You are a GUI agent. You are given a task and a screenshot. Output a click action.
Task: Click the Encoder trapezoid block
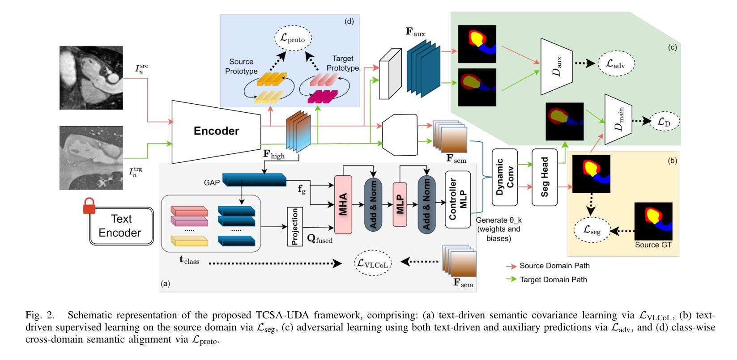coord(217,131)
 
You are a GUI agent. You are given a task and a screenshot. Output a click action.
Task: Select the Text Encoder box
coord(120,226)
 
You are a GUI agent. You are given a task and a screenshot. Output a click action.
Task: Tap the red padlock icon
coord(89,206)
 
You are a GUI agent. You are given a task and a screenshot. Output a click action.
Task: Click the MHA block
coord(343,204)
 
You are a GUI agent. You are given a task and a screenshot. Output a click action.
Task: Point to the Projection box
coord(295,226)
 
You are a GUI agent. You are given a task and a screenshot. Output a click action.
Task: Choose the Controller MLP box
coord(458,199)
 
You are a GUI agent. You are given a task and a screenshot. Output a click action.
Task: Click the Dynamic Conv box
coord(505,178)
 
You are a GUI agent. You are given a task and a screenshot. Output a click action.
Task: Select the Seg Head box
coord(545,178)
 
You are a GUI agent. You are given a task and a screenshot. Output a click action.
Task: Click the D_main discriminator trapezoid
coord(618,119)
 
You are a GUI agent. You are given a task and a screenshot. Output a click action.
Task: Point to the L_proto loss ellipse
coord(293,38)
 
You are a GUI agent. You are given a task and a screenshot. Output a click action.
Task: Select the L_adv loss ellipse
coord(616,63)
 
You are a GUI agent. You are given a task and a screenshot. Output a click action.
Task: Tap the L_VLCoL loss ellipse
coord(373,263)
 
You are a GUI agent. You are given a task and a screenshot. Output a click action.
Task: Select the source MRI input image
coord(91,77)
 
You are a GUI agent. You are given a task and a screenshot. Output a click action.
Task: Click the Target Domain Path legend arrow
coord(511,280)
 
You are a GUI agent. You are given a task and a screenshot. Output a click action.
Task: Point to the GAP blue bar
coord(254,180)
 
